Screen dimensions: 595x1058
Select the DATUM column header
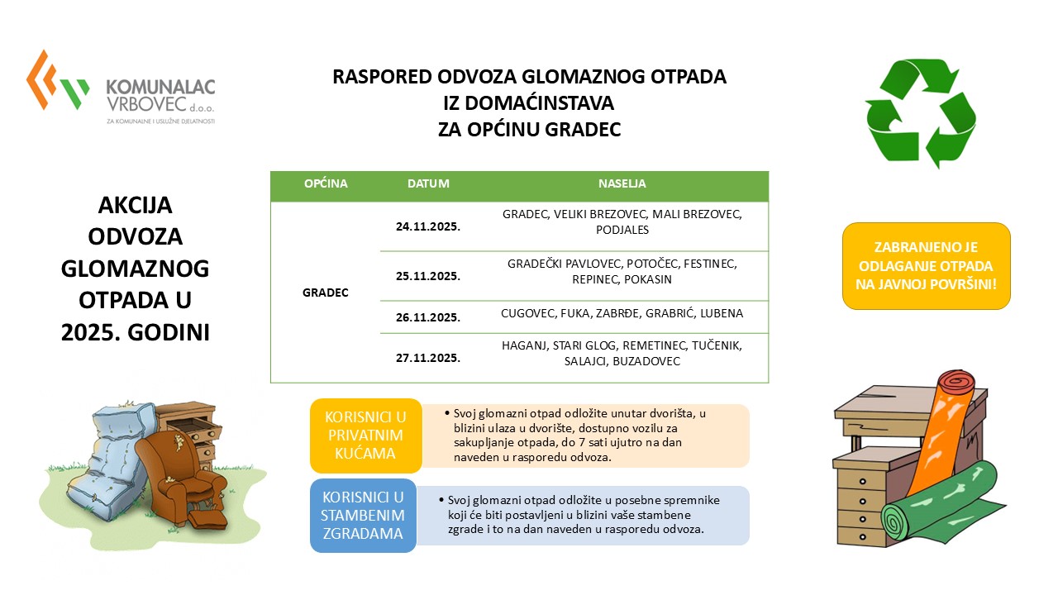pyautogui.click(x=428, y=183)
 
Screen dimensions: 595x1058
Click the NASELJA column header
pyautogui.click(x=622, y=183)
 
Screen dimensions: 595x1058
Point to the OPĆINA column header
pyautogui.click(x=326, y=183)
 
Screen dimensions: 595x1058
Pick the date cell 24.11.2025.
pyautogui.click(x=428, y=226)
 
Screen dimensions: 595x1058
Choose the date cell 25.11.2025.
pyautogui.click(x=428, y=275)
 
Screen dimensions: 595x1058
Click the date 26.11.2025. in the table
pyautogui.click(x=428, y=317)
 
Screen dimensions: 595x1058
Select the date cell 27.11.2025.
pyautogui.click(x=428, y=358)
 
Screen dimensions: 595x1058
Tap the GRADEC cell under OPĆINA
pyautogui.click(x=326, y=293)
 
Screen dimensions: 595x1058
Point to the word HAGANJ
pyautogui.click(x=524, y=345)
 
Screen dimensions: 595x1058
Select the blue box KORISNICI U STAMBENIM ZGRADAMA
pyautogui.click(x=364, y=516)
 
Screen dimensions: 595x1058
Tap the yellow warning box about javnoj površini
pyautogui.click(x=926, y=266)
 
